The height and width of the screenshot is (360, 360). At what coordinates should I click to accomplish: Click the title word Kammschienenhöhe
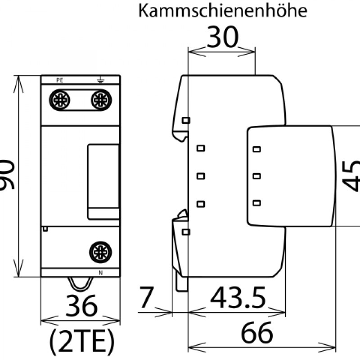click(x=223, y=10)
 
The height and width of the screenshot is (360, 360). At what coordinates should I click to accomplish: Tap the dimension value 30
click(x=223, y=37)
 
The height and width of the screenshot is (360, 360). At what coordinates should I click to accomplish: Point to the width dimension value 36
click(x=81, y=306)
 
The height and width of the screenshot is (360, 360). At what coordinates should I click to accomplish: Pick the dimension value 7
click(x=146, y=297)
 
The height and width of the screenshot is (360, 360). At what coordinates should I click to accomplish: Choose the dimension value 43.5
click(x=238, y=297)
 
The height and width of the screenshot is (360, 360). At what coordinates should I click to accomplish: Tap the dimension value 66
click(x=257, y=333)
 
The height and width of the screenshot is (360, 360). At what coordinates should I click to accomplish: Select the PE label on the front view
click(x=60, y=81)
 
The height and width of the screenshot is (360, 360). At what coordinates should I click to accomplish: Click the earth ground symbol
click(x=100, y=81)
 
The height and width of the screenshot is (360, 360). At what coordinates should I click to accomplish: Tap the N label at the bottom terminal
click(x=100, y=273)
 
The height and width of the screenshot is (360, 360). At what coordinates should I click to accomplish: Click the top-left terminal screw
click(x=59, y=100)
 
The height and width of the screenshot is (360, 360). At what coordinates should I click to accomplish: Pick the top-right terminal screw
click(x=101, y=100)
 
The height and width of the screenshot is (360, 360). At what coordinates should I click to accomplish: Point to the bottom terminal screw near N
click(x=100, y=252)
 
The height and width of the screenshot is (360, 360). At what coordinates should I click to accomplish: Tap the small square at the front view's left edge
click(x=45, y=229)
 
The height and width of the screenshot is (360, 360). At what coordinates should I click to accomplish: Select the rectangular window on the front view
click(x=103, y=182)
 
